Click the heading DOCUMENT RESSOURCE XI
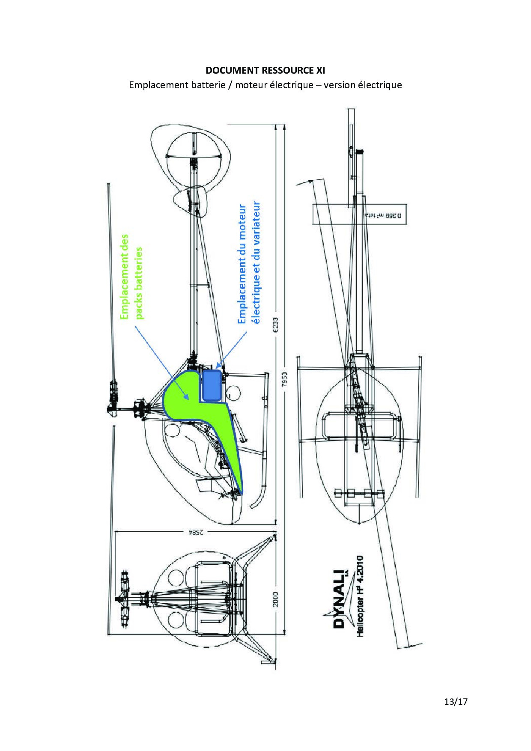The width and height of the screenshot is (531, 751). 265,70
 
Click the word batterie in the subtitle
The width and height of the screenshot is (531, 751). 209,85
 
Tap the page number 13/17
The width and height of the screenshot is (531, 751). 454,702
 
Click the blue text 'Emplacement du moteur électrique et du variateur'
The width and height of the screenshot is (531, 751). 248,263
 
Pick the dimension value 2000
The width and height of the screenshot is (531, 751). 275,599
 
